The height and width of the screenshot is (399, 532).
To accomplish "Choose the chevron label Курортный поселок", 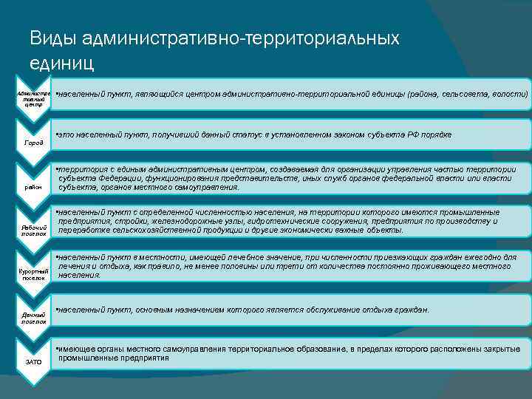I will pyautogui.click(x=34, y=276).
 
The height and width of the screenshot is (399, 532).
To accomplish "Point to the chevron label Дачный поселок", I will pyautogui.click(x=34, y=318).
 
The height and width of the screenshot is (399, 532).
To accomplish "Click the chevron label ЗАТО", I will pyautogui.click(x=33, y=361).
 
